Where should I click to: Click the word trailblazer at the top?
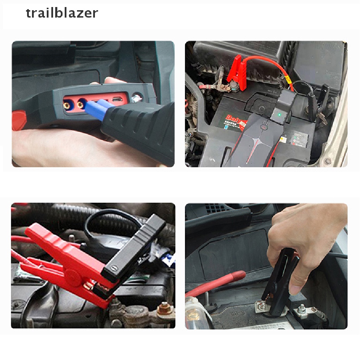pos(62,13)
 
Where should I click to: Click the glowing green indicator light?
pos(279,114)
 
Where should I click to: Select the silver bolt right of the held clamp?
pos(303,311)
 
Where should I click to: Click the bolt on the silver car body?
pos(328,161)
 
